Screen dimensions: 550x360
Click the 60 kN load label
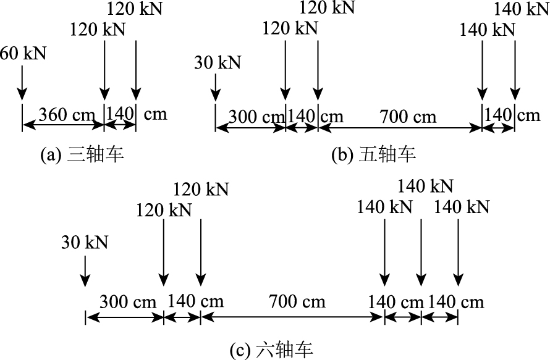click(x=23, y=53)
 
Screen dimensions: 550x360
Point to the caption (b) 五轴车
click(x=374, y=154)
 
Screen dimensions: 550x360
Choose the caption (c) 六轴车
click(x=271, y=351)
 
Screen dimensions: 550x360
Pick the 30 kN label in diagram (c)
click(x=85, y=243)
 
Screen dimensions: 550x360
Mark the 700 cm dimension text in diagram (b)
click(x=408, y=116)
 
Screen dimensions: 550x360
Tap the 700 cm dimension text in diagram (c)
click(x=297, y=301)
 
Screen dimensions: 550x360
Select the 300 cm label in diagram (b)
click(x=253, y=116)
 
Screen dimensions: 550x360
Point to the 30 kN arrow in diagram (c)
click(x=85, y=272)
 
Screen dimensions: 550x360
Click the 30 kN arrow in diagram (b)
click(x=215, y=86)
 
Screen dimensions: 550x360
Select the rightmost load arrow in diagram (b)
click(x=514, y=68)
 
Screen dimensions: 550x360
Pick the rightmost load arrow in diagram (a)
click(x=135, y=68)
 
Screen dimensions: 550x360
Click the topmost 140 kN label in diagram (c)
click(x=425, y=186)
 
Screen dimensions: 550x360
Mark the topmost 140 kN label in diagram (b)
click(x=522, y=9)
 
